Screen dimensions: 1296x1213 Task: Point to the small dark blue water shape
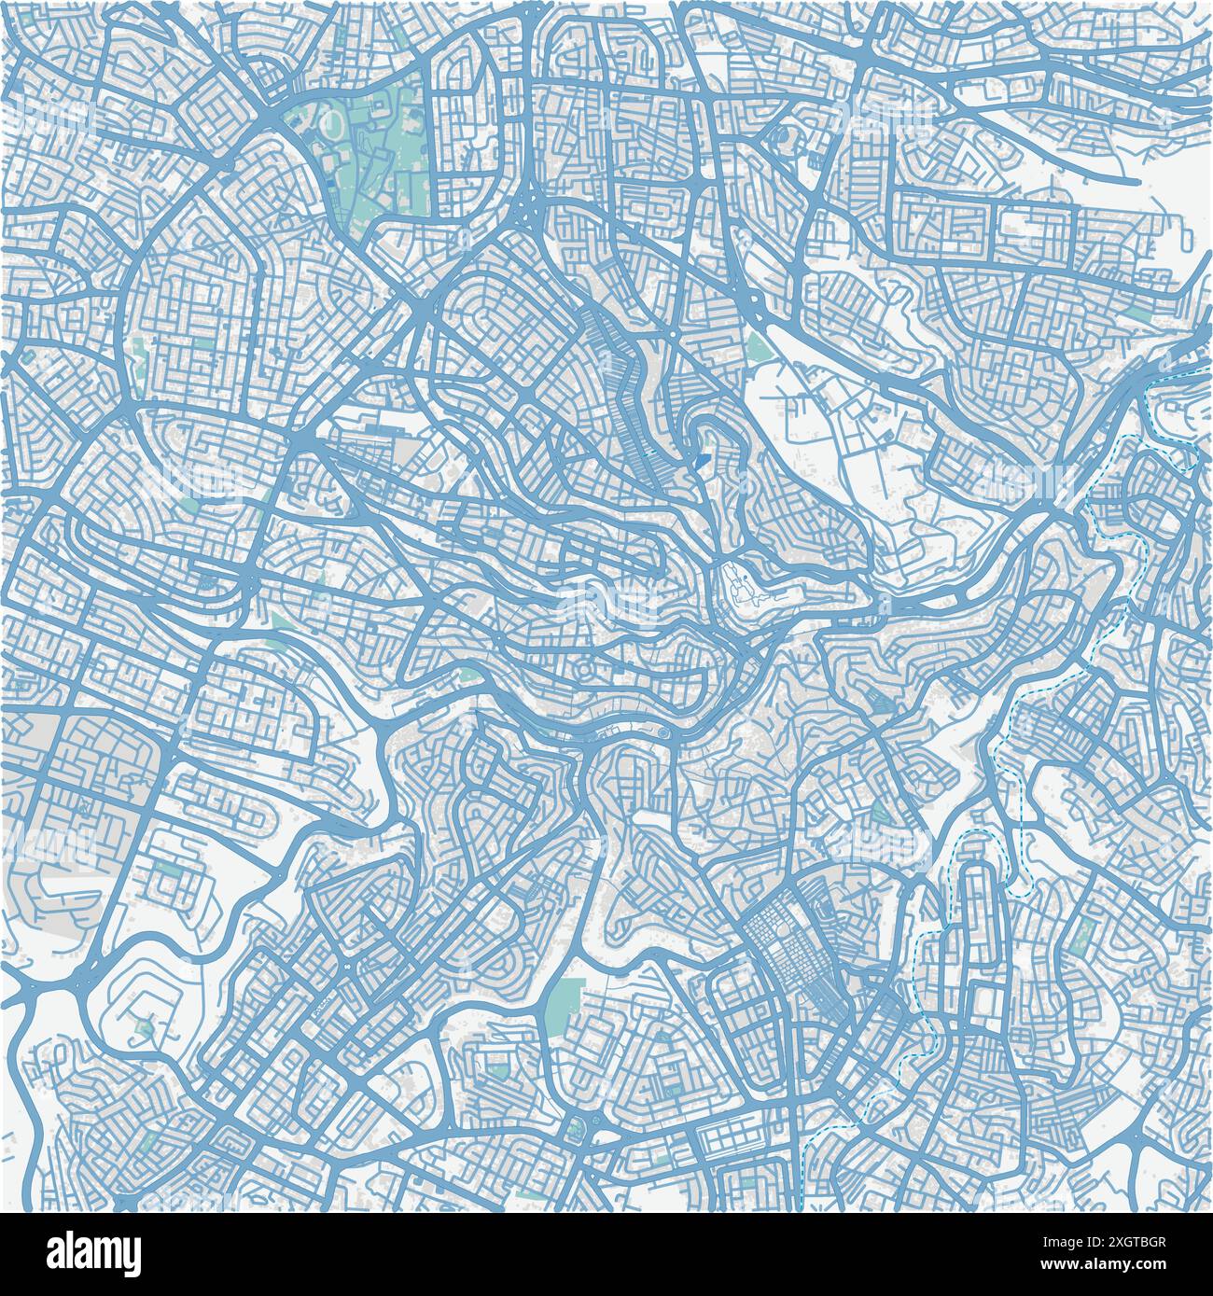(701, 461)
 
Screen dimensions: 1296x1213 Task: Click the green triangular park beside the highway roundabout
(756, 347)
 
